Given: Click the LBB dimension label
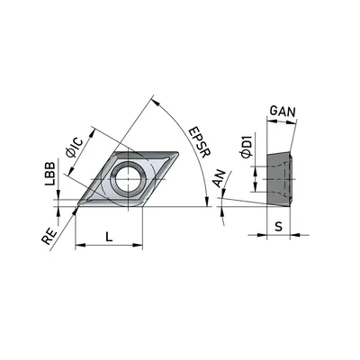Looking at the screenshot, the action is coord(50,174).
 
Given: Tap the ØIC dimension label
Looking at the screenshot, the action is coord(74,147).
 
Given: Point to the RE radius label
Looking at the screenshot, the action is coord(49,237).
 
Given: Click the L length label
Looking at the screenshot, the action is coord(109,238).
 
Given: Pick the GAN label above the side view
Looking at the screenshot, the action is coord(283,112).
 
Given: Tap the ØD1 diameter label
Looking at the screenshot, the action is coord(247,146).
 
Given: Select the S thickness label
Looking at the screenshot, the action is coord(279,227).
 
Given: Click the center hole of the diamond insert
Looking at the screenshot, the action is coord(129,179).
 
